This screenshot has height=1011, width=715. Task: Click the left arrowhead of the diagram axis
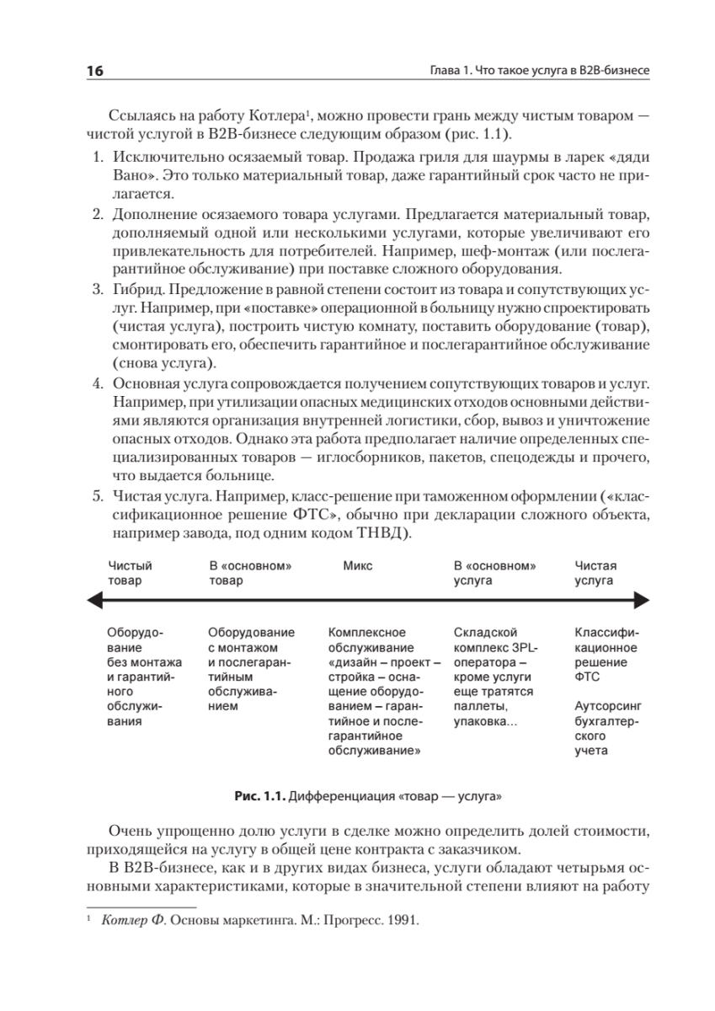pos(94,599)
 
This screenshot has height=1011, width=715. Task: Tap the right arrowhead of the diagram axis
pos(641,599)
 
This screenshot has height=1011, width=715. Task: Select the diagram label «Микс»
pos(357,565)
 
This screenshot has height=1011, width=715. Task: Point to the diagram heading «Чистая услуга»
pos(595,573)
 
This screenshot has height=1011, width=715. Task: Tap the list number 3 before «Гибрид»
pos(97,290)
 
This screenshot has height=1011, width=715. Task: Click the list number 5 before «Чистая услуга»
pos(97,497)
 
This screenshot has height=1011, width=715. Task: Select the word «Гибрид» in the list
pos(135,290)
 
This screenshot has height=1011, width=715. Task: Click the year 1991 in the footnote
pos(403,920)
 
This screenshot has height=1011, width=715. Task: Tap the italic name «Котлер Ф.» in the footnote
pos(132,920)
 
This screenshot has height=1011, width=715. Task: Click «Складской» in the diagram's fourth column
pos(478,632)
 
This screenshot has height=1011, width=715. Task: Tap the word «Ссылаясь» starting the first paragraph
pos(137,115)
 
